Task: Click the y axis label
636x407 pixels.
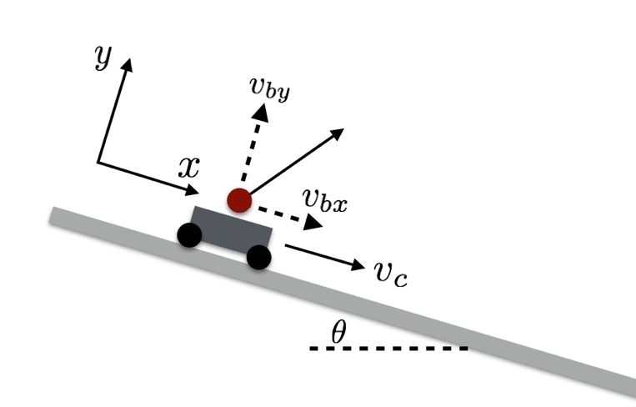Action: pyautogui.click(x=103, y=56)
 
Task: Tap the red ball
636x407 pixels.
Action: pyautogui.click(x=239, y=200)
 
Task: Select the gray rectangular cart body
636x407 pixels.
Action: pyautogui.click(x=231, y=229)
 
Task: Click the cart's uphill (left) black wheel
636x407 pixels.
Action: pyautogui.click(x=189, y=235)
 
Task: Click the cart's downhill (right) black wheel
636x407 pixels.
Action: pyautogui.click(x=259, y=258)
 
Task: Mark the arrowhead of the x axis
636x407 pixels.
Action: pyautogui.click(x=195, y=191)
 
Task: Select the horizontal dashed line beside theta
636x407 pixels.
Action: pyautogui.click(x=388, y=348)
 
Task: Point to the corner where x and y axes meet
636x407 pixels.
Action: pyautogui.click(x=98, y=162)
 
